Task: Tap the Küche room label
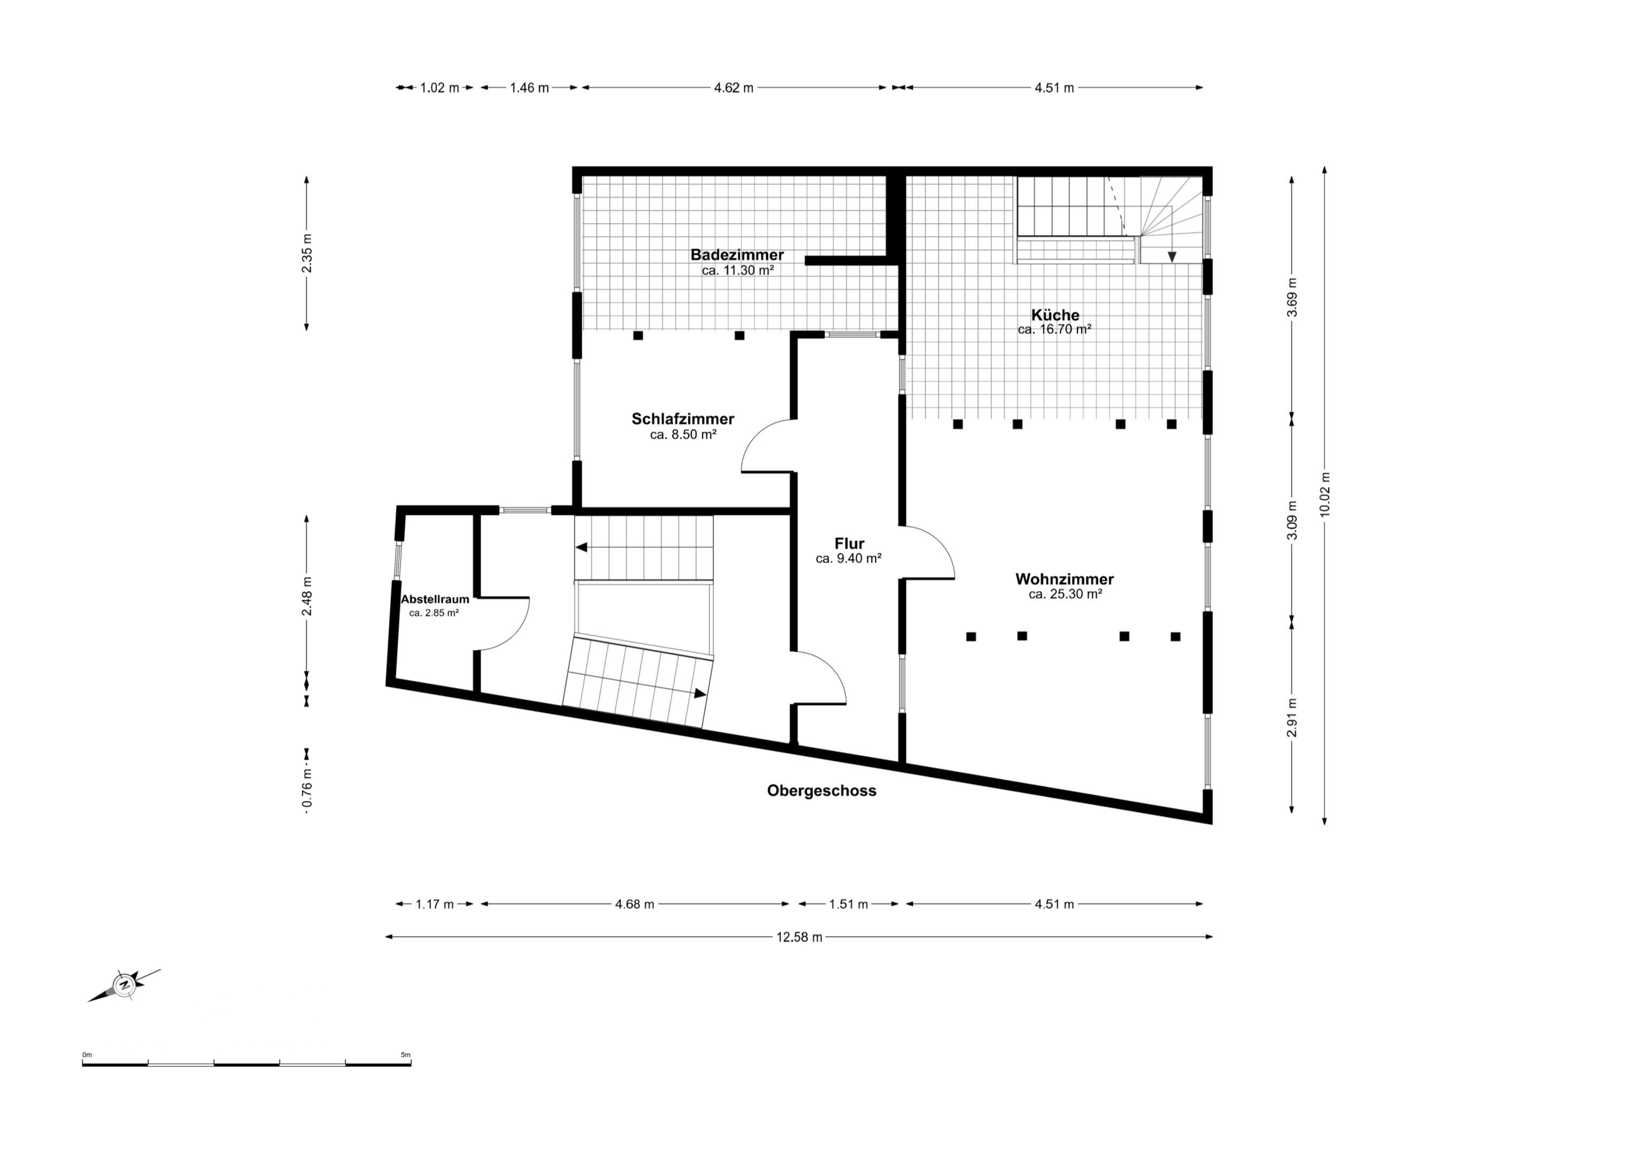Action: (1055, 315)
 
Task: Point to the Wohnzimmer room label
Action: (1064, 579)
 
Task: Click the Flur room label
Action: (849, 544)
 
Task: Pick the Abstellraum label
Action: (435, 599)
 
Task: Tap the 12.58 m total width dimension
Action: (799, 937)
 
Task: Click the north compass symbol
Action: (125, 985)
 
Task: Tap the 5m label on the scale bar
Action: (406, 1055)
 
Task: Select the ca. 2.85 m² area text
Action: (434, 612)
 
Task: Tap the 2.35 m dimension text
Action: (307, 253)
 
